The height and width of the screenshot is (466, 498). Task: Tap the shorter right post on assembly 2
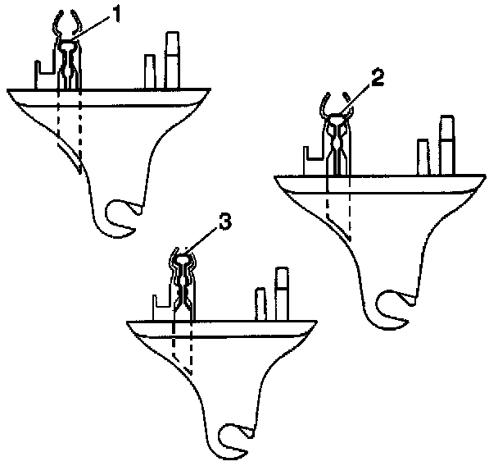[x=423, y=157]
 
